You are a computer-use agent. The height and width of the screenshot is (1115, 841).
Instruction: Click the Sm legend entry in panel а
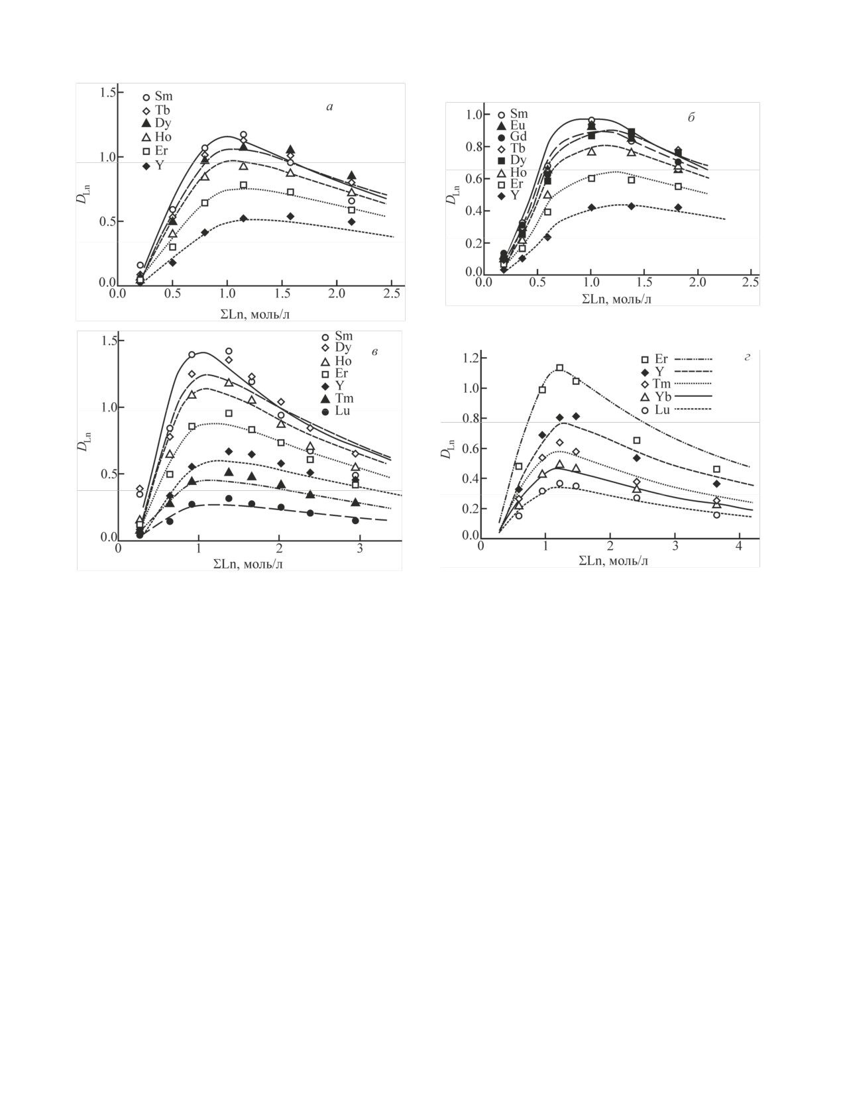click(158, 97)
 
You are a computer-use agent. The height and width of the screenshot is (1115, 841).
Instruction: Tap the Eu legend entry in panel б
click(513, 125)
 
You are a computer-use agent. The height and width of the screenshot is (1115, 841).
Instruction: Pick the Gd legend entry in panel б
click(513, 137)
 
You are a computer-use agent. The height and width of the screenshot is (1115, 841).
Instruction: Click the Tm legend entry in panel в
click(338, 399)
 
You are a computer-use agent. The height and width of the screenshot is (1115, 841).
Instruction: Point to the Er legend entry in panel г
click(655, 360)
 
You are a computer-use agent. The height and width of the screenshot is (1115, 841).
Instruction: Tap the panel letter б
click(691, 119)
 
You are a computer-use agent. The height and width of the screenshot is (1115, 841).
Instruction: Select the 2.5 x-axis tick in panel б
click(750, 282)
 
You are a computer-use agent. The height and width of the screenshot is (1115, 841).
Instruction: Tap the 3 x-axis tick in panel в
click(360, 549)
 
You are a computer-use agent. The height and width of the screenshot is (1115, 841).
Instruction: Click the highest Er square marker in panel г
click(560, 368)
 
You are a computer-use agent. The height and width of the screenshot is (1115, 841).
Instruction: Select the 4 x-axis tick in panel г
click(739, 545)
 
